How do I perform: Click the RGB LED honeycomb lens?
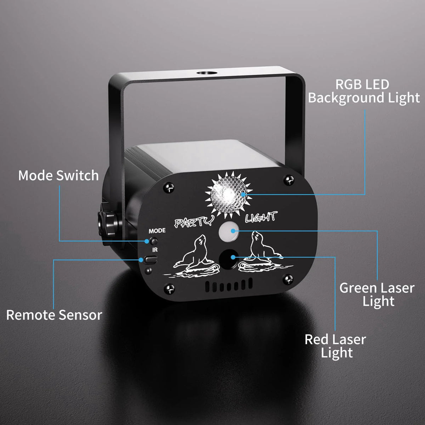tap(228, 194)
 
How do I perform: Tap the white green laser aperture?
tap(228, 232)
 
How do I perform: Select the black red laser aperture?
tap(228, 259)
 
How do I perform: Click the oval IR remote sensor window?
tap(151, 260)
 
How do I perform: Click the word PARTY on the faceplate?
tap(194, 221)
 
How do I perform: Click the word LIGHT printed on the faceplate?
tap(261, 217)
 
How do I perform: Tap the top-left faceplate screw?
tap(169, 188)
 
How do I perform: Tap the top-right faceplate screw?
tap(289, 180)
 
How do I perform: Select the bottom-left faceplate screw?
tap(170, 288)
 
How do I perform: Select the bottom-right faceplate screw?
tap(288, 280)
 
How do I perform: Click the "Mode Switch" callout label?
tap(58, 176)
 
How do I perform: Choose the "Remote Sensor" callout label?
tap(54, 315)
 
